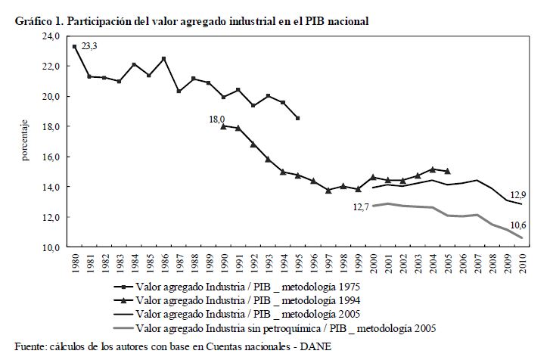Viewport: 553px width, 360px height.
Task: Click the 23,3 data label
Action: (90, 47)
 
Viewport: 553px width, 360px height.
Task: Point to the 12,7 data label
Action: (360, 206)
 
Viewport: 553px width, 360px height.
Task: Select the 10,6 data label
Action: (517, 225)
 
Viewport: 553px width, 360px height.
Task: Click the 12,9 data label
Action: (517, 194)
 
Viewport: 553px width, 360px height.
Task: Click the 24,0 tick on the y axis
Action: (51, 36)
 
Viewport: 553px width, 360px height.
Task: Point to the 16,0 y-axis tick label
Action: (51, 157)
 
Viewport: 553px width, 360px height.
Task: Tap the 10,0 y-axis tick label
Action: (51, 247)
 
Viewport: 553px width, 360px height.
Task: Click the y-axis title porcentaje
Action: (25, 141)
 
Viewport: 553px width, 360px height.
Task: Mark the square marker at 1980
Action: (74, 47)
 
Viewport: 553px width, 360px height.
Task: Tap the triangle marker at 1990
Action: (224, 126)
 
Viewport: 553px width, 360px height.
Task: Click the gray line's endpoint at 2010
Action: (522, 237)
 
